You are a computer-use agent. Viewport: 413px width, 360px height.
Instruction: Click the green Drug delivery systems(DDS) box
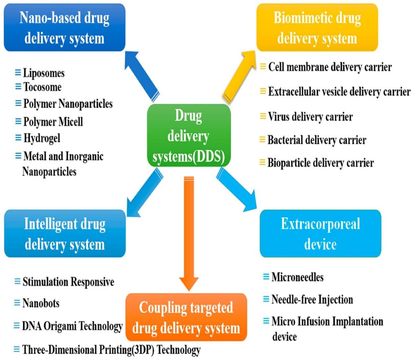pos(189,135)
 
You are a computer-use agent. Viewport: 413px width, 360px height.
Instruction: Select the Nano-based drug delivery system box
pos(64,28)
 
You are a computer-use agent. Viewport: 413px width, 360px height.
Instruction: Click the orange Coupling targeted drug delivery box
pos(186,317)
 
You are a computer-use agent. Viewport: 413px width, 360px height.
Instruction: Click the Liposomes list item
pos(44,73)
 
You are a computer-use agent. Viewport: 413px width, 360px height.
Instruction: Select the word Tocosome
pos(42,87)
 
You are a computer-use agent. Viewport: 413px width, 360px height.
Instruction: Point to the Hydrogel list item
pos(41,138)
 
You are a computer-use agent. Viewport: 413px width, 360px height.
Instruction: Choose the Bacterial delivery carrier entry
pos(317,139)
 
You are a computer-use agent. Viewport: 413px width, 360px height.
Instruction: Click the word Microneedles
pos(297,278)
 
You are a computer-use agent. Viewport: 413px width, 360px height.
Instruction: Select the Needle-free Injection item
pos(312,300)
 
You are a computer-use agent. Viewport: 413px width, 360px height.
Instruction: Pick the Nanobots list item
pos(41,304)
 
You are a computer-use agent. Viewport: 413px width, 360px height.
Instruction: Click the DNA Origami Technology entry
pos(72,326)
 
